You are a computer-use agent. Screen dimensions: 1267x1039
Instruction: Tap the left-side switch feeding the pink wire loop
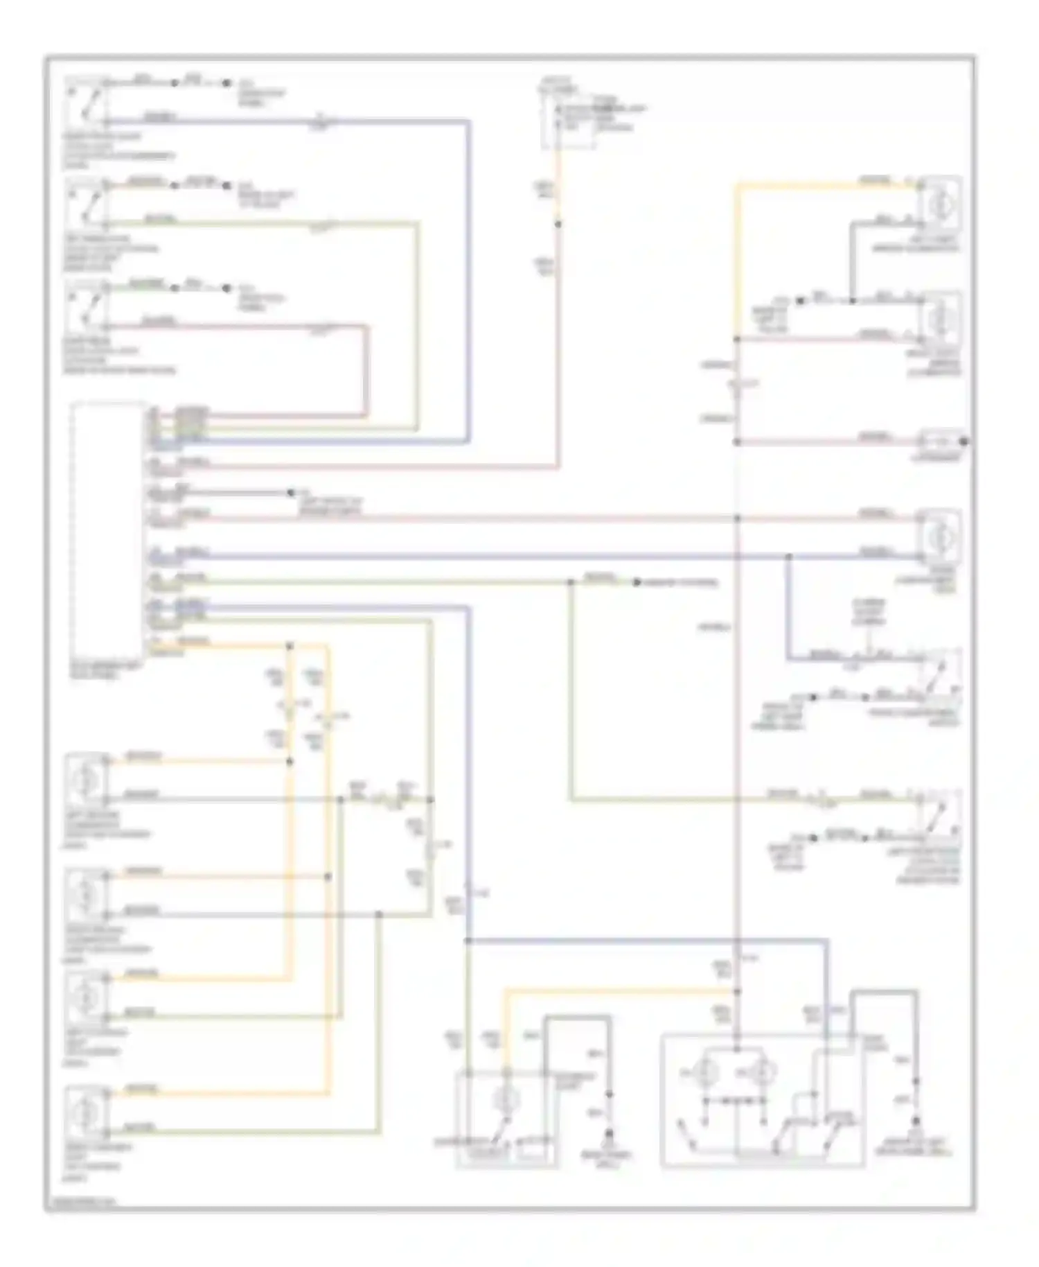[x=87, y=305]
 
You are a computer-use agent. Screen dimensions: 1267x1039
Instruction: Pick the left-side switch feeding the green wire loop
[x=87, y=203]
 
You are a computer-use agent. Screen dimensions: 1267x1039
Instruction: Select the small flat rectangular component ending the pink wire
[x=940, y=441]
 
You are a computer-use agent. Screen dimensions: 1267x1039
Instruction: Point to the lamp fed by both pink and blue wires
[x=940, y=536]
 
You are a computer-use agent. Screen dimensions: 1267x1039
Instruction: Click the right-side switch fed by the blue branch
[x=940, y=672]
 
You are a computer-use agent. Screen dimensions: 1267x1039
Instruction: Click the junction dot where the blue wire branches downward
[x=788, y=557]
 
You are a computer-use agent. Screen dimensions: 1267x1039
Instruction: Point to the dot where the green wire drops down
[x=571, y=582]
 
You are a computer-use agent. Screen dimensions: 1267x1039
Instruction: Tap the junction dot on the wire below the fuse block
[x=558, y=224]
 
